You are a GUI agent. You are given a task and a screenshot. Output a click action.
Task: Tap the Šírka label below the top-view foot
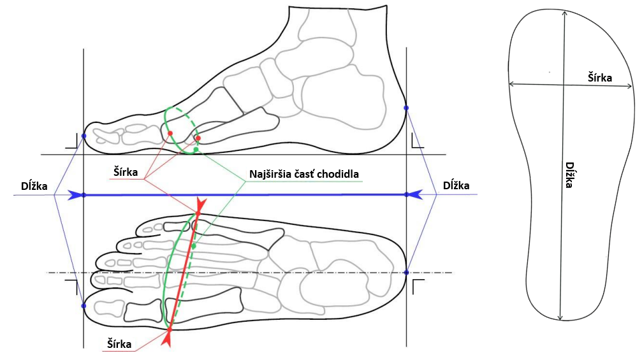click(x=119, y=344)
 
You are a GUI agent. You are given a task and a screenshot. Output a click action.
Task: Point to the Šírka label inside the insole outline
click(x=599, y=78)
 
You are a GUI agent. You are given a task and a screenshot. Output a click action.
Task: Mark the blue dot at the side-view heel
click(x=406, y=108)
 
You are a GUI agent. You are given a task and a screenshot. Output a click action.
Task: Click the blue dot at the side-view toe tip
click(x=84, y=136)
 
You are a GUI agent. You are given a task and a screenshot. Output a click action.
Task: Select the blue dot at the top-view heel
click(x=406, y=273)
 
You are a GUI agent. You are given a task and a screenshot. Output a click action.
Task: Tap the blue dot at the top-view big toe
click(x=84, y=306)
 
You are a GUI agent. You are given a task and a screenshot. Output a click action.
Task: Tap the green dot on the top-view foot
click(x=194, y=245)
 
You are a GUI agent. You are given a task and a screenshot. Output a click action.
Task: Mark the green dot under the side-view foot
click(x=196, y=150)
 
